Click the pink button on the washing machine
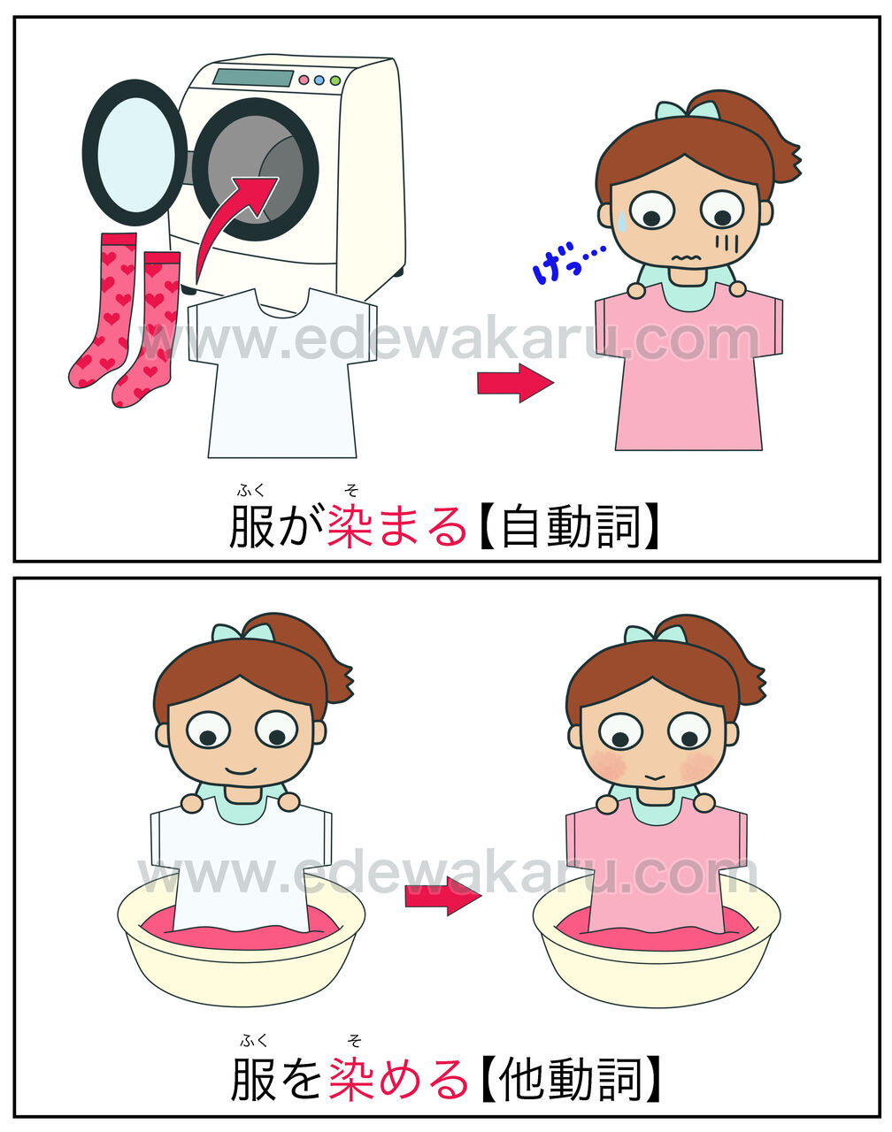point(304,80)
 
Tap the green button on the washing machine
point(334,80)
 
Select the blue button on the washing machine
point(319,80)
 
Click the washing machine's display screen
point(253,78)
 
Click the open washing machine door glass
point(136,151)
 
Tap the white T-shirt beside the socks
point(282,372)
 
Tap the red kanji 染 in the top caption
point(350,526)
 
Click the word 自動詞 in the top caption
point(571,526)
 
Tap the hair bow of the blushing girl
point(655,635)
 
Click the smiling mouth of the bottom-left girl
point(241,770)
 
